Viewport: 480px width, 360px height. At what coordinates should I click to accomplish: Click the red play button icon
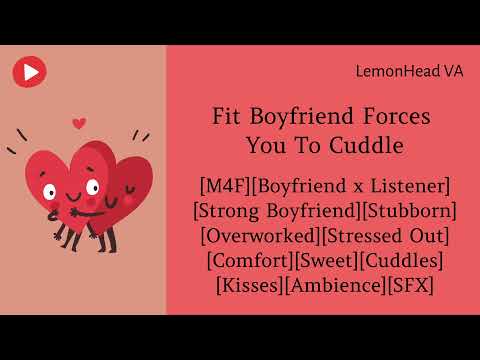click(x=30, y=71)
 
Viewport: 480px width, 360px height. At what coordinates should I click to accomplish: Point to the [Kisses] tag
click(x=250, y=286)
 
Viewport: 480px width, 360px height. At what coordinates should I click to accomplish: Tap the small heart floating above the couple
click(x=80, y=124)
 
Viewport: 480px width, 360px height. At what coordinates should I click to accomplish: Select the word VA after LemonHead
click(x=453, y=71)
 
